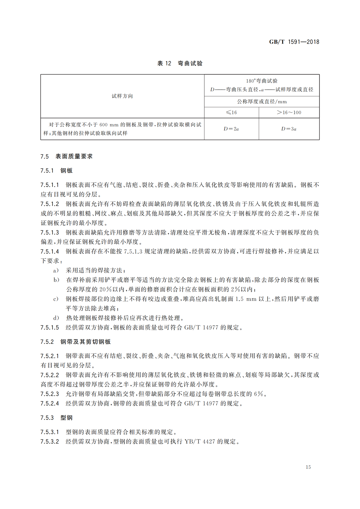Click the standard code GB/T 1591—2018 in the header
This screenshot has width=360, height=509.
coord(294,42)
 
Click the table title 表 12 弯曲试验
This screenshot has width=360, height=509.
coord(180,63)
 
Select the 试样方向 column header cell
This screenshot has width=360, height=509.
coord(122,96)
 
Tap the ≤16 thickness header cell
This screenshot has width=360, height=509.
coord(231,112)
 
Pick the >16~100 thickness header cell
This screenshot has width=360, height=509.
coord(289,112)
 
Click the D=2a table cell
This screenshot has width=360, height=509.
coord(231,129)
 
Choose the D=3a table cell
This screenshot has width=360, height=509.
coord(289,129)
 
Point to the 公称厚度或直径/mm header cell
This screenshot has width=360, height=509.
coord(262,102)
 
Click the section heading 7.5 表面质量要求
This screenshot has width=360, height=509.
coord(67,156)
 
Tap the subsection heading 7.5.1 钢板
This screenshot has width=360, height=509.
coord(56,171)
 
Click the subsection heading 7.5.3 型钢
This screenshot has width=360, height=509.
coord(56,418)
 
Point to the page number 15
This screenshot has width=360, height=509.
coord(308,467)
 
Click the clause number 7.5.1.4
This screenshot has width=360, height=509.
coord(50,251)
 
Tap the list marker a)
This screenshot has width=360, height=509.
coord(56,271)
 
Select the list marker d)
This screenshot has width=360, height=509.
coord(56,318)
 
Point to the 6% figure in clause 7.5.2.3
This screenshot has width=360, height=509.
coord(258,394)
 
